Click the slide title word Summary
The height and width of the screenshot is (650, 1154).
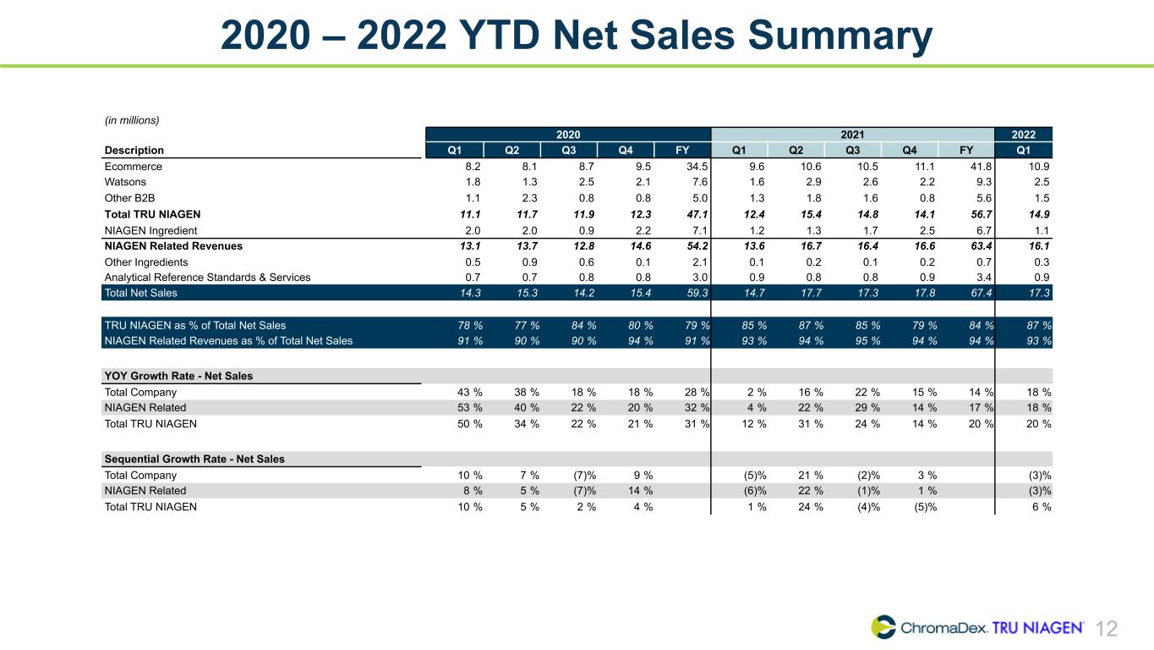point(840,36)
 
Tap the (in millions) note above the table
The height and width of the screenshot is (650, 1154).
point(132,120)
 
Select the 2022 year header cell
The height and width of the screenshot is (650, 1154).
point(1023,135)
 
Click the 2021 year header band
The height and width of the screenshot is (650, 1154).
point(853,135)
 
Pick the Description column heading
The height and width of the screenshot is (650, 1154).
point(134,150)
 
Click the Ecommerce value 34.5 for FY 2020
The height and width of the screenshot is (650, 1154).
point(697,167)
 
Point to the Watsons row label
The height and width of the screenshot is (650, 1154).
point(125,182)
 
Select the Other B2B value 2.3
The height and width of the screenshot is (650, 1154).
point(529,198)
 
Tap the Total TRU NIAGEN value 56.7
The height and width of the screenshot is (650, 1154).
point(982,215)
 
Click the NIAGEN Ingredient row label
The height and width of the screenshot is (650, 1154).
point(150,230)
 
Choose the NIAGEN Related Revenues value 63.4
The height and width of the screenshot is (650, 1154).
point(982,246)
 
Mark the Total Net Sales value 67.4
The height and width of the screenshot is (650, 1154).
point(982,293)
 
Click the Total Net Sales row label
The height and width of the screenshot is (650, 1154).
point(140,293)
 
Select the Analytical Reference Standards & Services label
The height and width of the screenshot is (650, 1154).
point(208,278)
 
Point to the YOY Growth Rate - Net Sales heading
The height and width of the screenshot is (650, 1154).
point(178,376)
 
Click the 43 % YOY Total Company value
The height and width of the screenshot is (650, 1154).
point(470,393)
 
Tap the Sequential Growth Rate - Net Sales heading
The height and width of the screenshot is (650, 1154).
point(194,459)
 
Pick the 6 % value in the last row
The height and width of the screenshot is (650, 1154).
point(1042,507)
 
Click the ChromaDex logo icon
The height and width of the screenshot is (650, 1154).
point(883,627)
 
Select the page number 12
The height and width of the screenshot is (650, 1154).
point(1106,629)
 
